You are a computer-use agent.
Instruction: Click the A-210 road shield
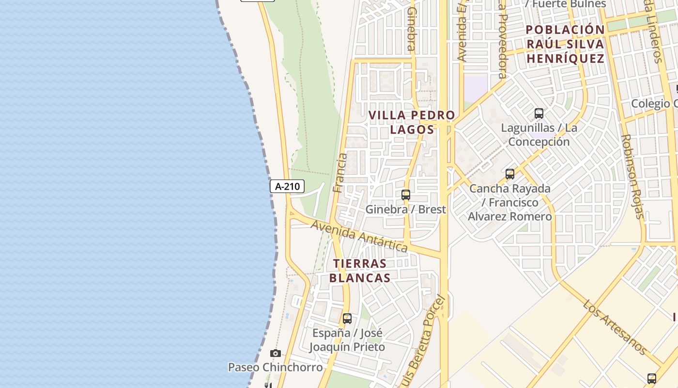coord(287,186)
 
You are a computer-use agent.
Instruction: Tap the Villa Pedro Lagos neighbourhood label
coord(412,122)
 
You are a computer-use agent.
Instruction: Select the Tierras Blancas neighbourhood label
coord(360,271)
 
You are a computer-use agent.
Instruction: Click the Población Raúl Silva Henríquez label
coord(565,44)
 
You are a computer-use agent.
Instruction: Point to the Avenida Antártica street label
coord(359,236)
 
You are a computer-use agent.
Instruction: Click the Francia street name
coord(340,173)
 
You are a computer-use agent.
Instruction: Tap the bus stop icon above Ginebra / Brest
coord(406,195)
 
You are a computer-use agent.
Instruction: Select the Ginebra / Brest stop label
coord(405,210)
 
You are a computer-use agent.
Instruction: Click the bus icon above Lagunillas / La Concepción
coord(539,113)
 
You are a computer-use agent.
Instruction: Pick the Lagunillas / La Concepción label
coord(539,135)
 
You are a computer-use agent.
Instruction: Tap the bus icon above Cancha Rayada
coord(509,174)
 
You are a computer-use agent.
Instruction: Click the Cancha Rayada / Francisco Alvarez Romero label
coord(509,202)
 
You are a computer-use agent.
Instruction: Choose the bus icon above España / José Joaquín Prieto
coord(347,319)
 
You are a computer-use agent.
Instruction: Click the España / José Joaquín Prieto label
coord(347,340)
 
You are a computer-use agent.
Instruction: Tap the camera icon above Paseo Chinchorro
coord(276,354)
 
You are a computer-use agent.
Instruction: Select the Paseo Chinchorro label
coord(275,367)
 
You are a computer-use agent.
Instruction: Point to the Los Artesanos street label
coord(615,326)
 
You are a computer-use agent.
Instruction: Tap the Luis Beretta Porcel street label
coord(426,339)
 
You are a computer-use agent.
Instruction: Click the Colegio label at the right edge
coord(654,104)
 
